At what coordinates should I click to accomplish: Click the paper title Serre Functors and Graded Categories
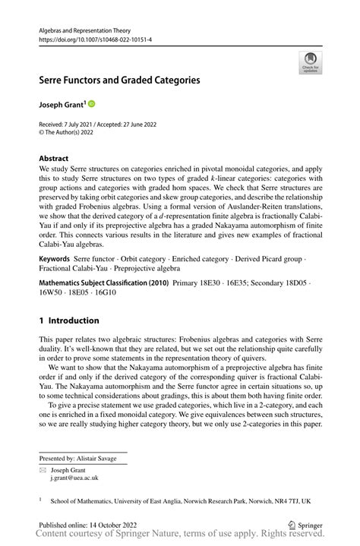(120, 78)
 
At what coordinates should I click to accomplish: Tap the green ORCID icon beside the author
(92, 103)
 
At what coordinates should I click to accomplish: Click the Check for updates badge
(309, 63)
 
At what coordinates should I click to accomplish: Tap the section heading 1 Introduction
(69, 320)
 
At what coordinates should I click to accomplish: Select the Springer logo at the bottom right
(305, 524)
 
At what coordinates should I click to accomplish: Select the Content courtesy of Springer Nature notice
(182, 535)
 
